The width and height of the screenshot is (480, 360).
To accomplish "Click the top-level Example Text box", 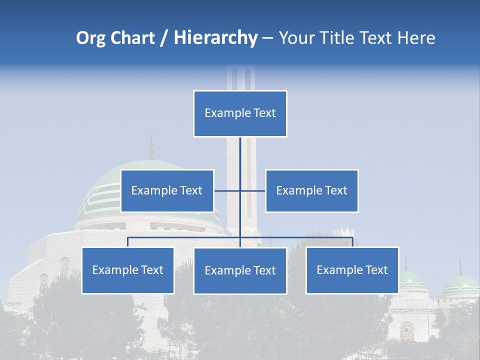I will [240, 113].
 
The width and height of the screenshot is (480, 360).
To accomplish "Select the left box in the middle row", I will [167, 190].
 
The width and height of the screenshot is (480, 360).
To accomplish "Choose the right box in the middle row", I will [311, 190].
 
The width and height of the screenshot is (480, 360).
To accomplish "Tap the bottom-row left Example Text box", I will [128, 270].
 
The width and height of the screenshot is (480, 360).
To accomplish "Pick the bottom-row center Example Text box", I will [240, 270].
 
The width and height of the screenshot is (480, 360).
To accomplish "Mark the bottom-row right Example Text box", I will [352, 270].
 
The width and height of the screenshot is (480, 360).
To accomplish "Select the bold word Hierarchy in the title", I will [215, 38].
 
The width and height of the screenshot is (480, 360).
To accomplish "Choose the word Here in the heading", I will [416, 38].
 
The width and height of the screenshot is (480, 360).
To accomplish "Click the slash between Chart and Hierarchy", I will [164, 38].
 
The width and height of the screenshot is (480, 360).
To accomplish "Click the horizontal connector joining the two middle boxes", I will [252, 190].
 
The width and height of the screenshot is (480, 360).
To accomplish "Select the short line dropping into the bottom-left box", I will [128, 242].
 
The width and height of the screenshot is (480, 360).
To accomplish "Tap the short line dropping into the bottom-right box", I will [352, 242].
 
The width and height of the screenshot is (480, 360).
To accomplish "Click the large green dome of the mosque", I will [105, 185].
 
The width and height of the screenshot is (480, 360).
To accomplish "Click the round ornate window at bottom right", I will [406, 330].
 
